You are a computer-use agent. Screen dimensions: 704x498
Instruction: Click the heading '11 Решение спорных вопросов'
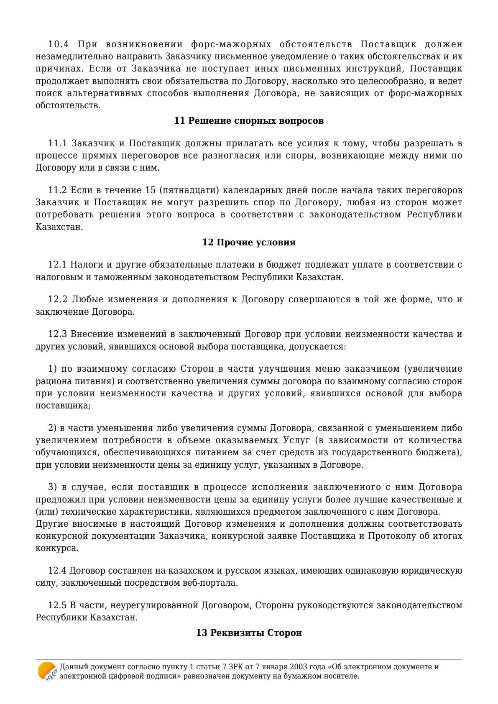coord(249,121)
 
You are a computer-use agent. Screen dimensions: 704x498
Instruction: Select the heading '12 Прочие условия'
coord(249,242)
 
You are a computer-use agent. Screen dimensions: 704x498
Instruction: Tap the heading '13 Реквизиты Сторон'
coord(249,633)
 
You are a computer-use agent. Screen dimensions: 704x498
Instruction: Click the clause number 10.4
coord(58,45)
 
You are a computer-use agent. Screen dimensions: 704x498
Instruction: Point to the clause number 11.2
coord(58,191)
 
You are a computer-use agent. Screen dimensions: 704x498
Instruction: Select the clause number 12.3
coord(58,334)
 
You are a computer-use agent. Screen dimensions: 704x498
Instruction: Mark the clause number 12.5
coord(58,605)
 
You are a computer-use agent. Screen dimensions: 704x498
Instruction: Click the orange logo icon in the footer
coord(46,671)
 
